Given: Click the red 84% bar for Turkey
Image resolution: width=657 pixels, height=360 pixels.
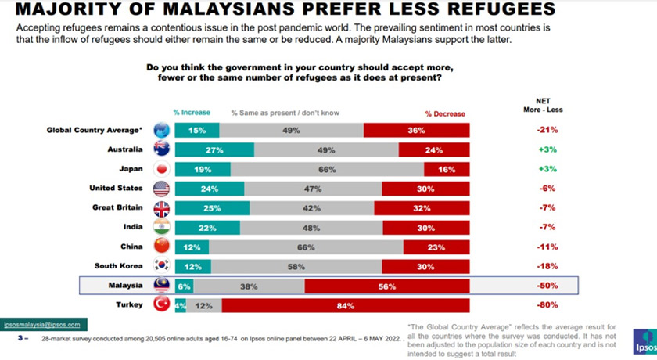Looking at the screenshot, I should (x=346, y=305).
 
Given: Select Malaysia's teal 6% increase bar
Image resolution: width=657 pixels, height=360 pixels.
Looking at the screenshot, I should (x=184, y=286).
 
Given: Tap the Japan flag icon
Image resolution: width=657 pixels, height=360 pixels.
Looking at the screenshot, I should (x=162, y=169).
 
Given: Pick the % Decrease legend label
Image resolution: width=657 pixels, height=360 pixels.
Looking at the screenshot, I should (x=444, y=113).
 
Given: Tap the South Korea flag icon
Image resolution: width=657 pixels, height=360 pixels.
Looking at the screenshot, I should (x=162, y=266).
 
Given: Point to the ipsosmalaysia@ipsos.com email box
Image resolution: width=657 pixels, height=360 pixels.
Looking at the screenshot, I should (x=45, y=324).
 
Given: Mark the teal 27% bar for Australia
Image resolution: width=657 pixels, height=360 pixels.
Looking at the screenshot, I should (x=208, y=149).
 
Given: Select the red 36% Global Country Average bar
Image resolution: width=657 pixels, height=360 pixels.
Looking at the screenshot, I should (x=416, y=130).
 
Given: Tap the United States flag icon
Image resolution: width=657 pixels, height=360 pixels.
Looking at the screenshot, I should (x=162, y=189).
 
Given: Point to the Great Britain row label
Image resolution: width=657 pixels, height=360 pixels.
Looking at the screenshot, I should (x=118, y=208).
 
